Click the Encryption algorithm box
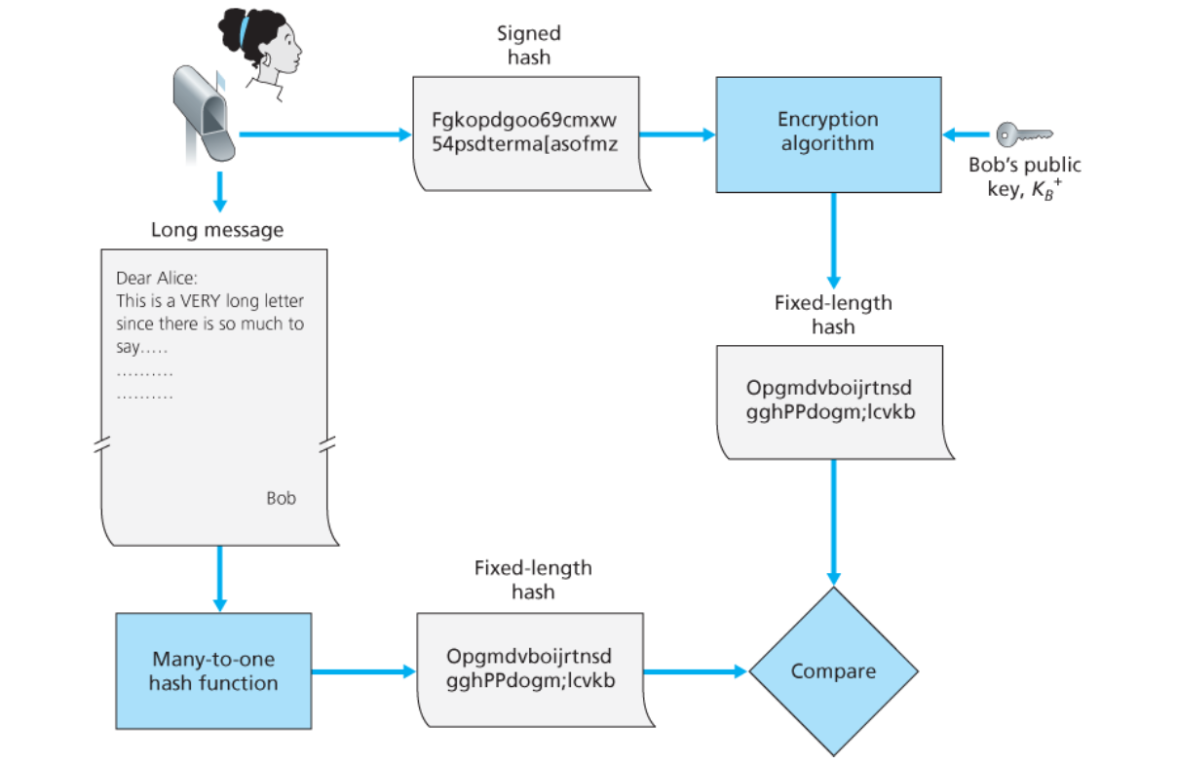pos(828,133)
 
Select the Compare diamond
pos(833,671)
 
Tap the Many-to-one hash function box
pos(213,670)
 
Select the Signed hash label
pos(529,45)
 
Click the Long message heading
pos(217,230)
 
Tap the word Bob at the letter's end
pos(282,498)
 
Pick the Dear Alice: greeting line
pos(157,279)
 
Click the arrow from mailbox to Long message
pos(219,190)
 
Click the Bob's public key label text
pos(1024,176)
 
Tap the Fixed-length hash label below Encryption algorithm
pos(833,314)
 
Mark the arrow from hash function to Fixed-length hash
pos(362,671)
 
